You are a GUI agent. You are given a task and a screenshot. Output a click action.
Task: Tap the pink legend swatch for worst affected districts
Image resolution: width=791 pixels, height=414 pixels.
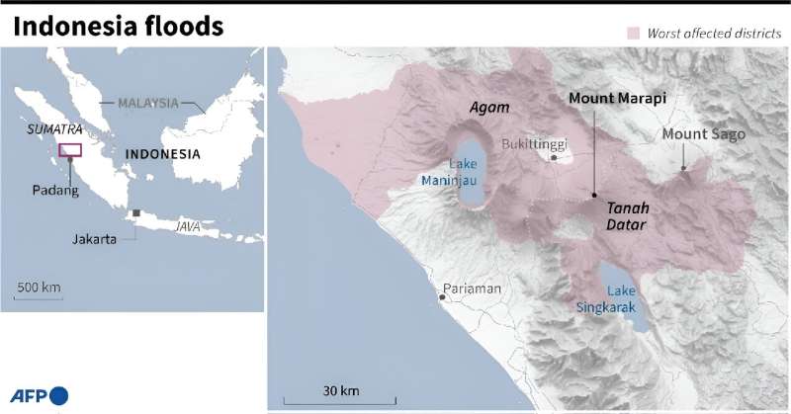(x=633, y=34)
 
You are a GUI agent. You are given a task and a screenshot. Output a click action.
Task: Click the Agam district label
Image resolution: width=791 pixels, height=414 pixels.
(x=488, y=107)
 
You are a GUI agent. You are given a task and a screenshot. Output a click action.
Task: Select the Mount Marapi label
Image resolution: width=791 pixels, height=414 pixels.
(x=618, y=99)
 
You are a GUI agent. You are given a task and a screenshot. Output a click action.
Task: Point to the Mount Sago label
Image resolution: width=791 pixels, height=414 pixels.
(x=703, y=134)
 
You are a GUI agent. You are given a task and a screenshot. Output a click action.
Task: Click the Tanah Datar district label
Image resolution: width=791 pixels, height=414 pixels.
(x=625, y=217)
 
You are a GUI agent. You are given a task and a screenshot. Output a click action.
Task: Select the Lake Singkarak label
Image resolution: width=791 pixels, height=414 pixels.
(x=607, y=298)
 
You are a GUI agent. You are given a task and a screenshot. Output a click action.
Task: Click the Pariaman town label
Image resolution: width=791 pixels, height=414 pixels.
(x=475, y=289)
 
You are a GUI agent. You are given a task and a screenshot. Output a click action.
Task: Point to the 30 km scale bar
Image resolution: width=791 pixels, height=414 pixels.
(x=340, y=399)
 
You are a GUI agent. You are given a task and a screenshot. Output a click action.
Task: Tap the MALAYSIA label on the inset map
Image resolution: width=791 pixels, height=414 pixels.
(x=148, y=103)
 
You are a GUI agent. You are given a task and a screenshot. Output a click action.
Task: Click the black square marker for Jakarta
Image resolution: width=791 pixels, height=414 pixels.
(x=136, y=213)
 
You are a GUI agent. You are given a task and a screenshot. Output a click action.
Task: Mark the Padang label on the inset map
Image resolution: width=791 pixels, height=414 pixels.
(x=57, y=191)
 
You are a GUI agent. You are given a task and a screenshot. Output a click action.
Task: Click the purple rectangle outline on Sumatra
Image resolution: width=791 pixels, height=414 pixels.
(x=70, y=150)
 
